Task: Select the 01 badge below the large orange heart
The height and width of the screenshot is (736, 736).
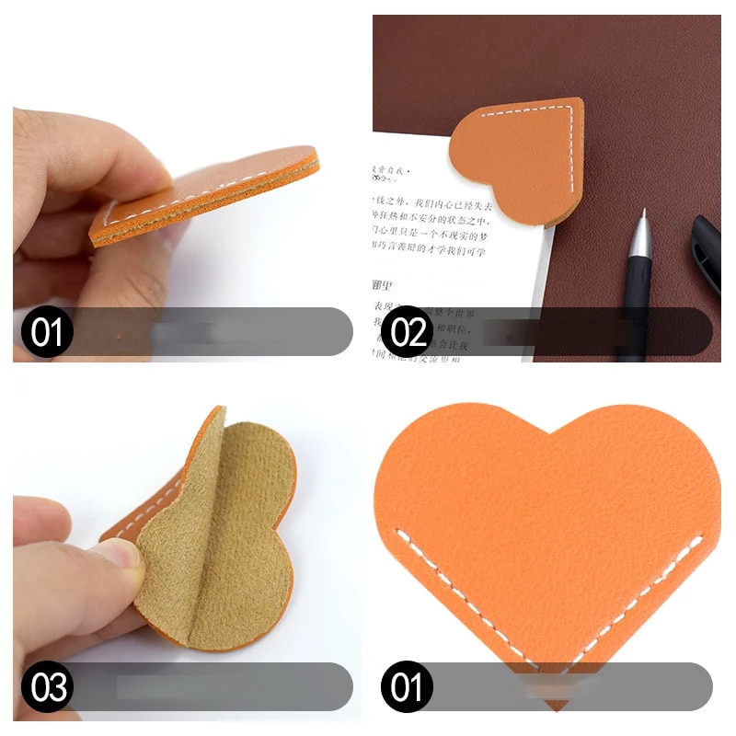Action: click(x=407, y=686)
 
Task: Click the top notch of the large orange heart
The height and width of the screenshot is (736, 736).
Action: click(x=548, y=431)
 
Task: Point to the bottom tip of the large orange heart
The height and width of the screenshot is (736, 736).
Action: click(x=554, y=707)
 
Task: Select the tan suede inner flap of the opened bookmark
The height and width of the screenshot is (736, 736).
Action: click(x=221, y=543)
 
